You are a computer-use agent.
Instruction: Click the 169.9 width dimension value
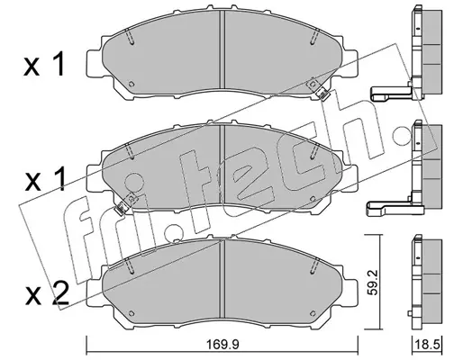coord(222,345)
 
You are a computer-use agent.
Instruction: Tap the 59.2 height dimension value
coord(372,283)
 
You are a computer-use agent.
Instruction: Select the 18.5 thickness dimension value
coord(427,345)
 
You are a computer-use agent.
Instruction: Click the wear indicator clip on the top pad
coord(323,94)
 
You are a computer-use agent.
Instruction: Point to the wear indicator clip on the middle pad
coord(121,208)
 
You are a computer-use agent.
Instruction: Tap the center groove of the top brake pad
coord(222,49)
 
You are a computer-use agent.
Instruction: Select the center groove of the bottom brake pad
coord(222,278)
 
